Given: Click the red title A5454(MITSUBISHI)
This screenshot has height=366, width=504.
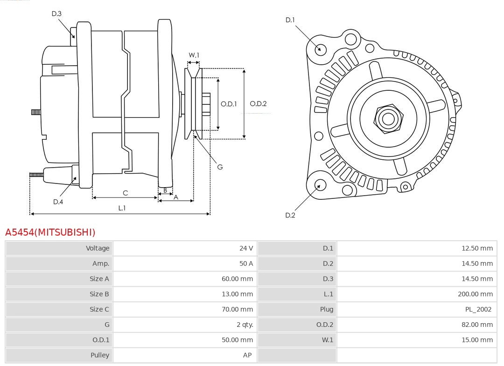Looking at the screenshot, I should [50, 232].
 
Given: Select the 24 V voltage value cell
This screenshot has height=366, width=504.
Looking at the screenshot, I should [246, 248].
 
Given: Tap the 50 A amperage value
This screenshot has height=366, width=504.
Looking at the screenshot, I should [246, 264].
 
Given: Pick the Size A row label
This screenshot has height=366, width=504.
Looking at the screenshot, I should [99, 279].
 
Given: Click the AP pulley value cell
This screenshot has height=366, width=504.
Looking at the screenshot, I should [247, 355].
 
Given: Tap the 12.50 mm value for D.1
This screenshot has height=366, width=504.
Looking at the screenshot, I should [477, 248].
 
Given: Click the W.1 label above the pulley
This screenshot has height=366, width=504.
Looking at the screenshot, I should [194, 55].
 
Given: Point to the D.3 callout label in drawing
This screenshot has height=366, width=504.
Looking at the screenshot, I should [56, 14].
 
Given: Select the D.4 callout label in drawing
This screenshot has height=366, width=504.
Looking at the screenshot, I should [58, 202].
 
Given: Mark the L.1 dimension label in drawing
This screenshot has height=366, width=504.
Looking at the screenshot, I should [121, 208].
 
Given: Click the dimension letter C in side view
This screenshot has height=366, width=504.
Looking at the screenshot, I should [125, 193].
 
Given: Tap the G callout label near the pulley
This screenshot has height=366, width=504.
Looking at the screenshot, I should [220, 167].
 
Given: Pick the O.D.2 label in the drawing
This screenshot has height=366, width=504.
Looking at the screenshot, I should [258, 104].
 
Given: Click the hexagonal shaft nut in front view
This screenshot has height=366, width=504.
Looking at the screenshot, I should [388, 118].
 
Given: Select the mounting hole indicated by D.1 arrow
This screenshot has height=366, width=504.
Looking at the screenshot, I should [321, 48].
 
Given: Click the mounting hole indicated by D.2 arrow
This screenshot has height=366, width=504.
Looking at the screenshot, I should [320, 185].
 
